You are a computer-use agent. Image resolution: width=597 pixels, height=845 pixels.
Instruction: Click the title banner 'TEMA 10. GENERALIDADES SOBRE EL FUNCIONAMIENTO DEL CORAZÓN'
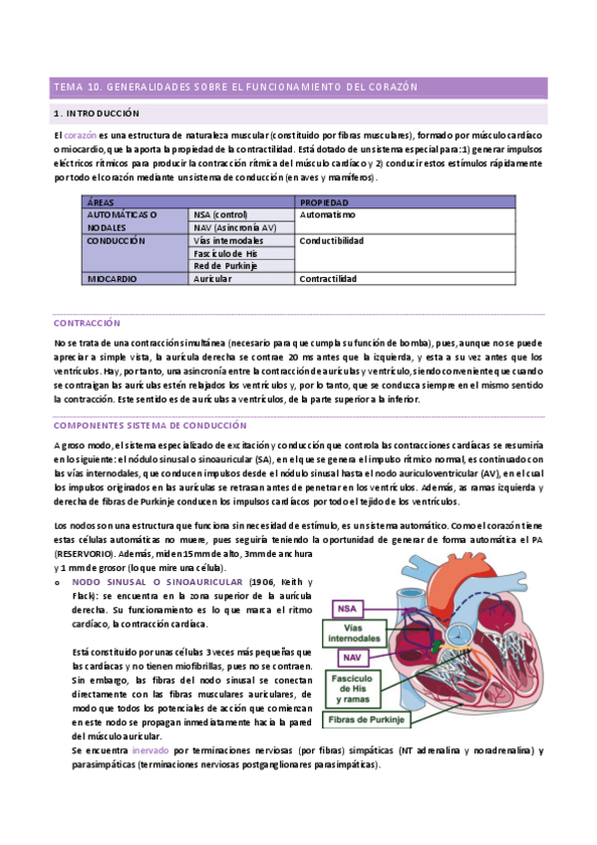[x=234, y=88]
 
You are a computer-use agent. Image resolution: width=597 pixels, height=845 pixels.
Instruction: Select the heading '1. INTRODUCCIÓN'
[x=97, y=114]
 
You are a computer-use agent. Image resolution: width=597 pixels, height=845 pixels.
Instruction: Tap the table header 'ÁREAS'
[x=101, y=201]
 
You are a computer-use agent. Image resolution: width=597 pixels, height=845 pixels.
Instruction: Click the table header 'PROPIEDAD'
[x=323, y=201]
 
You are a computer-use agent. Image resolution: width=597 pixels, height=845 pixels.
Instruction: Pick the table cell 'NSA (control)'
[x=222, y=214]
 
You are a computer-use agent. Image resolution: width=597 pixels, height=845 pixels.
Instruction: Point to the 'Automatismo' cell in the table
[x=327, y=214]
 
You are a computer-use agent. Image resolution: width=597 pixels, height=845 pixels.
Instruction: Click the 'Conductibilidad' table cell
[x=331, y=240]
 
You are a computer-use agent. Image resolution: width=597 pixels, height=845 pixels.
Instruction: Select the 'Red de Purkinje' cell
[x=226, y=266]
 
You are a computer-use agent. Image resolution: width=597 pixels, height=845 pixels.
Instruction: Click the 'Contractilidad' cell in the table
[x=328, y=279]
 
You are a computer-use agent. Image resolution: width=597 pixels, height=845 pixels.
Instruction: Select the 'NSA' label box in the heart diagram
[x=347, y=609]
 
